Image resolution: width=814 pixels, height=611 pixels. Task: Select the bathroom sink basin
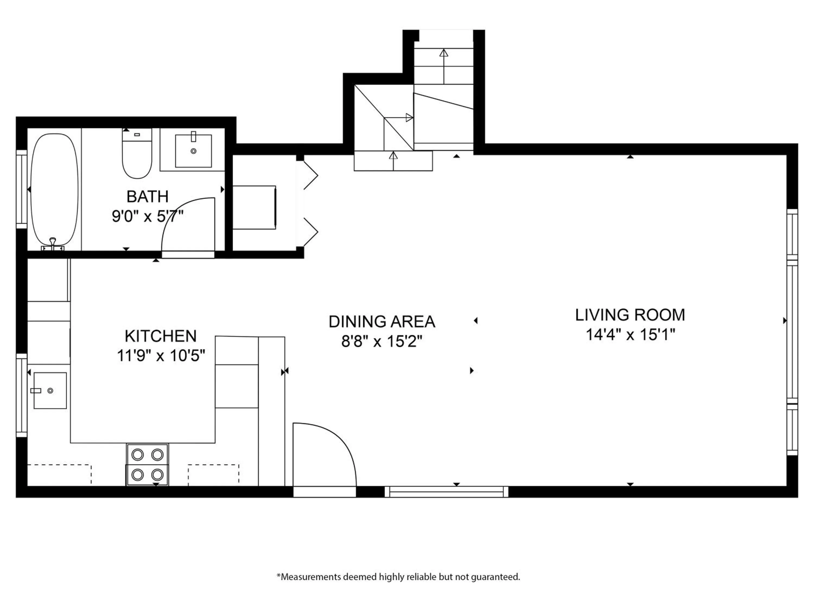click(x=193, y=151)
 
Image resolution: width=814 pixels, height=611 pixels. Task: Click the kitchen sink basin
click(x=50, y=390)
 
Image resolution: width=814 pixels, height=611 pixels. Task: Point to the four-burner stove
click(x=147, y=465)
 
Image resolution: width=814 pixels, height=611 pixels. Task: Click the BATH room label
click(x=148, y=197)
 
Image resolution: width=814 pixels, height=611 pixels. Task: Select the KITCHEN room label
click(x=161, y=336)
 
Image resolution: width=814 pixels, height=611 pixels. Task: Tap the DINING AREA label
click(x=381, y=322)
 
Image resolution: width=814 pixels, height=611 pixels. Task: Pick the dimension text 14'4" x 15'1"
click(x=630, y=335)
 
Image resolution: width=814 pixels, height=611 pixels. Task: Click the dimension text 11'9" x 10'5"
click(x=161, y=356)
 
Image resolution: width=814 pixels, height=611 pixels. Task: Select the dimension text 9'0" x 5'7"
click(x=148, y=216)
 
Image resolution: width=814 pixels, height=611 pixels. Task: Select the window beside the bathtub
click(x=22, y=189)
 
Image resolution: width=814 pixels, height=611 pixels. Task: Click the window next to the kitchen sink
click(x=22, y=395)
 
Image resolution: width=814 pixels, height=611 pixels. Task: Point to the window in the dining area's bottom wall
click(x=446, y=492)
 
